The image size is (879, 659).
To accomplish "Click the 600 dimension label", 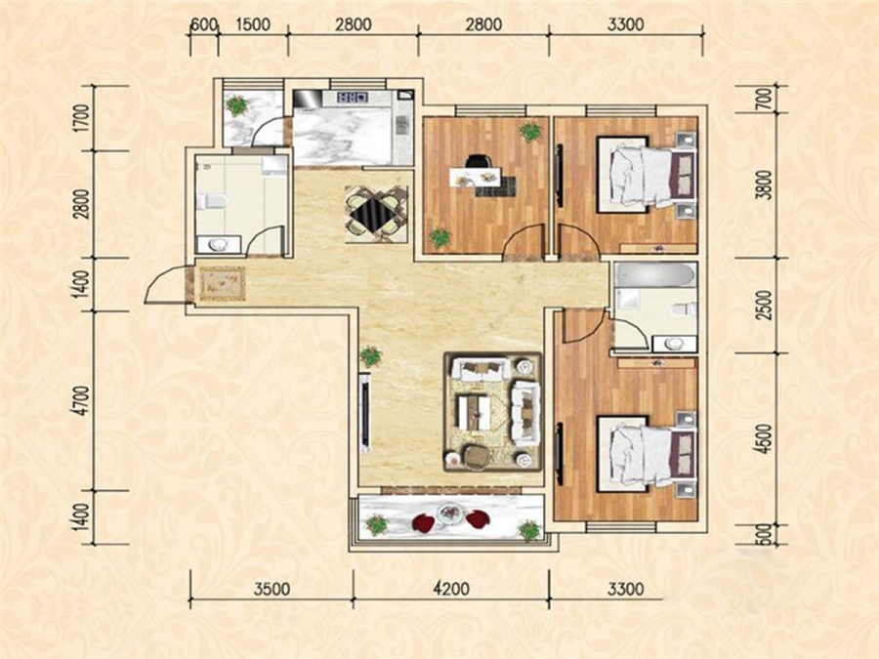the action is (x=203, y=25).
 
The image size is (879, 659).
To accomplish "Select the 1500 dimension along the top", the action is (x=252, y=25).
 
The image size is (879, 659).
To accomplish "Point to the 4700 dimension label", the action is (x=82, y=399).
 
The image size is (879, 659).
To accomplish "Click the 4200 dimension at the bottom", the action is (x=452, y=590).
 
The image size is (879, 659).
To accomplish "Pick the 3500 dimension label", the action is (x=272, y=590).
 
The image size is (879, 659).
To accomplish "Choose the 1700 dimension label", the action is (x=82, y=118).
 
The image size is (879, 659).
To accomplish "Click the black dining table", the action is (x=376, y=214).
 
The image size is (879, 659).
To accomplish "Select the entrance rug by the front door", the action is (x=223, y=283).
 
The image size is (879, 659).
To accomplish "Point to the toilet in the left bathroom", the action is (x=214, y=200).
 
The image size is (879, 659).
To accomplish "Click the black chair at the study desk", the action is (x=477, y=161).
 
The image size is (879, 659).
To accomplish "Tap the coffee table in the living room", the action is (x=474, y=412).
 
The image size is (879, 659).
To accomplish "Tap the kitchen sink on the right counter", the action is (x=401, y=125).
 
